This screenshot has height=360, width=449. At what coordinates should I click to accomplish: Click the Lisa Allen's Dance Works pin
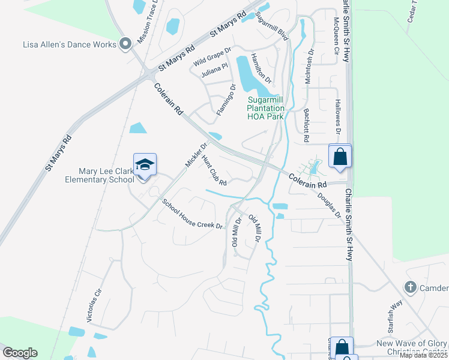point(125,44)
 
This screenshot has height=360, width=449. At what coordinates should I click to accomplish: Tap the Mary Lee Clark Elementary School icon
point(145,164)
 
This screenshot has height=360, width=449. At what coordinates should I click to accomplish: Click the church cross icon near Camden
point(411,287)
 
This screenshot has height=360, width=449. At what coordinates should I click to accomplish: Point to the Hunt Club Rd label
point(214,170)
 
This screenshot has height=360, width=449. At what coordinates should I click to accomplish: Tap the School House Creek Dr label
point(193,214)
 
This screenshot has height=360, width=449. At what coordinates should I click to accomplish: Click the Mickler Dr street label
point(196,155)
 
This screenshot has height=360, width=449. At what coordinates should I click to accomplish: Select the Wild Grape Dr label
point(212,58)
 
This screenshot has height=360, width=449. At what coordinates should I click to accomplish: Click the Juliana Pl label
point(215,71)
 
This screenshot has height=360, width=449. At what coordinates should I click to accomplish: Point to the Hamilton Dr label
point(261,68)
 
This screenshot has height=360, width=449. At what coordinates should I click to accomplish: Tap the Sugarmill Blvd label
point(273,26)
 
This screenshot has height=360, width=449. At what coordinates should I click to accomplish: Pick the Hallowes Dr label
point(338,117)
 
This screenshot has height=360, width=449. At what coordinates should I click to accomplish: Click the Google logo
point(20,353)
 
